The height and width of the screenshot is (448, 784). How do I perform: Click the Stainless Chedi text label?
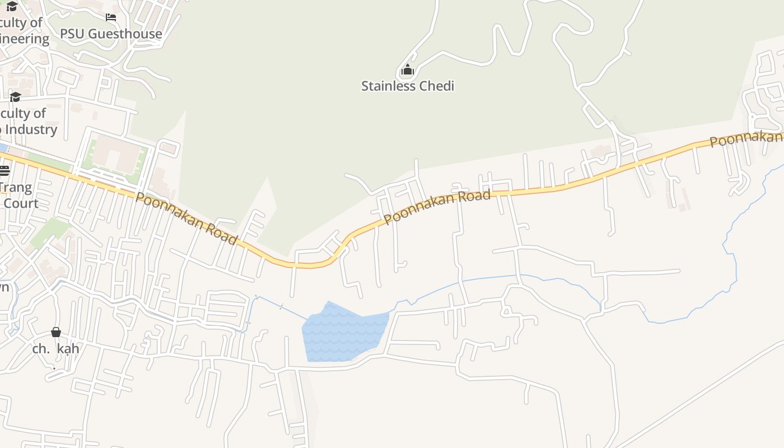[407, 86]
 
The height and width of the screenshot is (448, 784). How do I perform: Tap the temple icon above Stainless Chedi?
[408, 70]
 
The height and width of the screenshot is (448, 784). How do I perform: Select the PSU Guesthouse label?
[111, 34]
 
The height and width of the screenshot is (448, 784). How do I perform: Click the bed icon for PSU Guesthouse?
[111, 17]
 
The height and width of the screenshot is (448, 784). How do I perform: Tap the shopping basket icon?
[56, 332]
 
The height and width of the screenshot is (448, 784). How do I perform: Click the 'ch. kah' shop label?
[55, 349]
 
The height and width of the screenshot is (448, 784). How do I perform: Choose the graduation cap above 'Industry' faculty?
[15, 97]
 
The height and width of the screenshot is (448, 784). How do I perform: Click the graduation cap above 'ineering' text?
[12, 6]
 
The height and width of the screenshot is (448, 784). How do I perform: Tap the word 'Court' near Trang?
[21, 203]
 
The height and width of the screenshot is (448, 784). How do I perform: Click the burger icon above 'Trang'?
[4, 170]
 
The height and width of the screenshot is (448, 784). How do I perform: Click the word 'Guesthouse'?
[125, 34]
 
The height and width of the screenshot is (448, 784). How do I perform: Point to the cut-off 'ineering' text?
[25, 39]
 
